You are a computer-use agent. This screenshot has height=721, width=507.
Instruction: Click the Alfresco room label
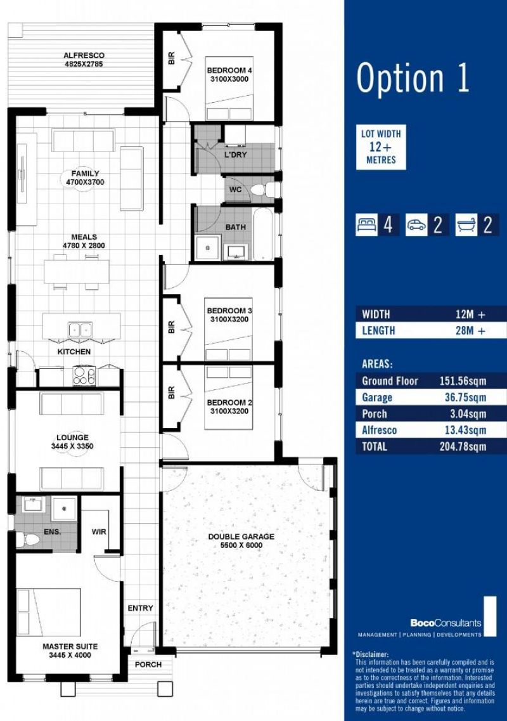84,55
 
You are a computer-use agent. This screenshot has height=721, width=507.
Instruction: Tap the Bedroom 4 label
229,70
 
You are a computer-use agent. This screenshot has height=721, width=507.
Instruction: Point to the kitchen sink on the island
80,330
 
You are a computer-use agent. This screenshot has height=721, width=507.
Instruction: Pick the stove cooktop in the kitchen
84,375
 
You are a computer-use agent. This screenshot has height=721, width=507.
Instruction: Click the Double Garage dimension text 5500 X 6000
241,545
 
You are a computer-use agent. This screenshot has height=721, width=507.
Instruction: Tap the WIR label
99,531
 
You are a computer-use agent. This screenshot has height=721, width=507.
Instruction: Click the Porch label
148,665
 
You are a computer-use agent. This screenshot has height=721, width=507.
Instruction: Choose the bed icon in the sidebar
366,225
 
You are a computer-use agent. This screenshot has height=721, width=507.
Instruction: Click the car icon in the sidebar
416,225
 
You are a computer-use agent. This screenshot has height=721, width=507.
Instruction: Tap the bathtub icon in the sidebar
466,225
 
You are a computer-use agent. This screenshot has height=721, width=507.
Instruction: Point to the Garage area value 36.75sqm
465,398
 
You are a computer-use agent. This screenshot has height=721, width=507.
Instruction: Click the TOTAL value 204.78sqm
463,446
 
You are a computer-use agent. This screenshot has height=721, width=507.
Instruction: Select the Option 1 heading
413,77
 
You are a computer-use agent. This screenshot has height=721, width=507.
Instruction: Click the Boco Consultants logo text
446,623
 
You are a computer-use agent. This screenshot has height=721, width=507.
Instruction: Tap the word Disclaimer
371,654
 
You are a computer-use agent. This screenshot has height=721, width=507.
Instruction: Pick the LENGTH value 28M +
470,330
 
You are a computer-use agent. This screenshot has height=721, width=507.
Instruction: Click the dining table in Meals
77,272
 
